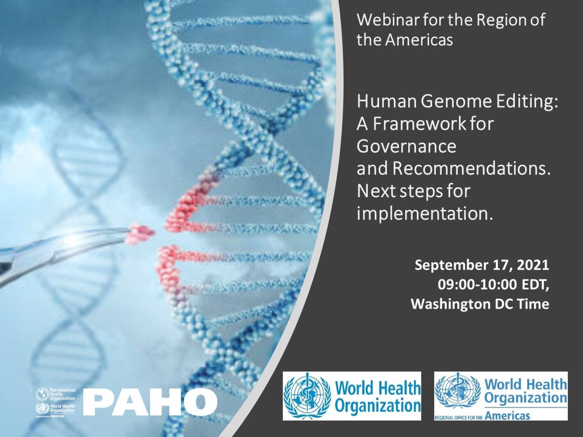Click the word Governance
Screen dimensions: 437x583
point(406,146)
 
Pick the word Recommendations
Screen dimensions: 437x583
point(471,169)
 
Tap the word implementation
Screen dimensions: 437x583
point(424,213)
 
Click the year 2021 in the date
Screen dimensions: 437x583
point(533,265)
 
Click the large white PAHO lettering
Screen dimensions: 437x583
point(150,402)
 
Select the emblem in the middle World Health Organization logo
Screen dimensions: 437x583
point(308,396)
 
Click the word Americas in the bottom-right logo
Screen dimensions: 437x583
point(507,416)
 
